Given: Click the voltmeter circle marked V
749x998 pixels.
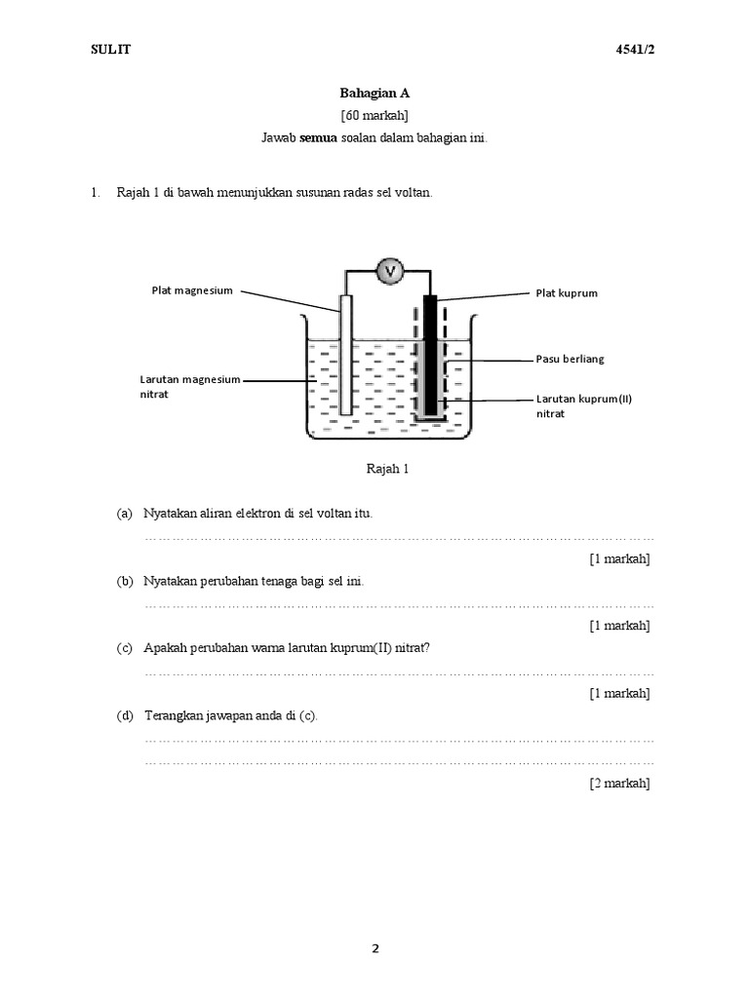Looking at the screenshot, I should (x=390, y=271).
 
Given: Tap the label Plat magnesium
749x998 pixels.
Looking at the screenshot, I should (x=192, y=290).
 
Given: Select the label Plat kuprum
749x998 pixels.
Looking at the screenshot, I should (x=566, y=292).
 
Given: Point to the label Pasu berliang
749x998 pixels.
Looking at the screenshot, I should (x=571, y=359).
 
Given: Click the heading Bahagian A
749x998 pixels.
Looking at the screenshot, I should (x=374, y=94).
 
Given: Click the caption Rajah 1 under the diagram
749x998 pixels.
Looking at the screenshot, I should (x=387, y=469).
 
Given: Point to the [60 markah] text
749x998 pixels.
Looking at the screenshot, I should (x=374, y=115).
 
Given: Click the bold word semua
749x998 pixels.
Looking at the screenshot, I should (x=320, y=137).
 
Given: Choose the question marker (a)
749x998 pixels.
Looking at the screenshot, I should (x=124, y=513).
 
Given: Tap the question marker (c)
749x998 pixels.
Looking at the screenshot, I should (x=124, y=648).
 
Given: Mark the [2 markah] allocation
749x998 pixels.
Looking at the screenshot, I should (x=619, y=783).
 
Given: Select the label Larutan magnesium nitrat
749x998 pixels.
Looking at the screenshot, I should (x=189, y=388).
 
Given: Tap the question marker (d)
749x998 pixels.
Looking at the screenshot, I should (x=124, y=715).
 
